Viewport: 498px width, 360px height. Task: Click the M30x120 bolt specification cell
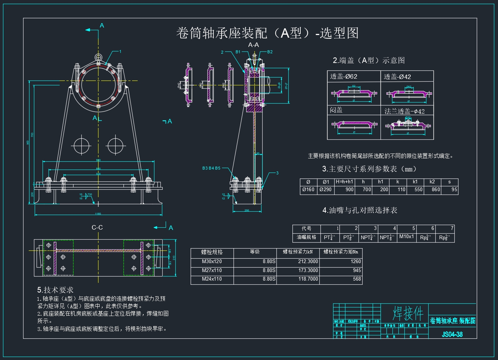pyautogui.click(x=212, y=262)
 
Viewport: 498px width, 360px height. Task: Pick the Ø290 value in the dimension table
pyautogui.click(x=325, y=189)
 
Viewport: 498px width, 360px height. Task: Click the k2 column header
pyautogui.click(x=432, y=182)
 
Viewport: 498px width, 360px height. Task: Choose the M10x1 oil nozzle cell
pyautogui.click(x=406, y=237)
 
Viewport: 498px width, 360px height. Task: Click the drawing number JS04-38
pyautogui.click(x=452, y=334)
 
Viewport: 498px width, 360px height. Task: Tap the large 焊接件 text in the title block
pyautogui.click(x=408, y=313)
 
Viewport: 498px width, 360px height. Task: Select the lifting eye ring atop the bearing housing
pyautogui.click(x=98, y=57)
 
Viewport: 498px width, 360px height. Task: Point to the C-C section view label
pyautogui.click(x=97, y=227)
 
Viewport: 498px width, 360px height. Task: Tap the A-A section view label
pyautogui.click(x=254, y=45)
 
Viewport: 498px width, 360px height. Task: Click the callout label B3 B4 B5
pyautogui.click(x=211, y=168)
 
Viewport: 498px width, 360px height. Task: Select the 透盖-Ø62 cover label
pyautogui.click(x=344, y=76)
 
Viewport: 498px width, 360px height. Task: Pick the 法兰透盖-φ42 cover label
pyautogui.click(x=404, y=111)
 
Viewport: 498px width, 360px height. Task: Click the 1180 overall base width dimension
pyautogui.click(x=98, y=214)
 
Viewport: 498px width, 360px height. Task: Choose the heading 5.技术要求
pyautogui.click(x=55, y=290)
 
